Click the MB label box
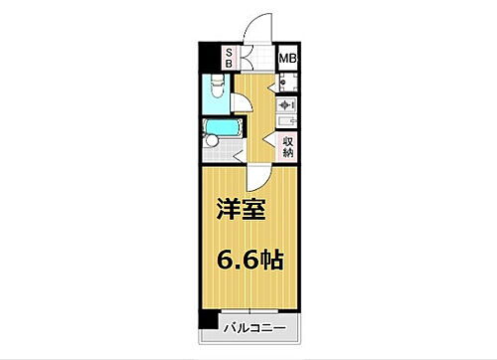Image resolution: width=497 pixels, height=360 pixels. (x=287, y=58)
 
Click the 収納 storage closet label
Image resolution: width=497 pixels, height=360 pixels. (x=287, y=146)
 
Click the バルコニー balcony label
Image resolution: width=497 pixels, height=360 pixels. (x=253, y=327)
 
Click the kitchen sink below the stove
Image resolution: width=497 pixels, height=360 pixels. (x=286, y=121)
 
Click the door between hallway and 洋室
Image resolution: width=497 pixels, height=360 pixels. (x=257, y=177)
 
